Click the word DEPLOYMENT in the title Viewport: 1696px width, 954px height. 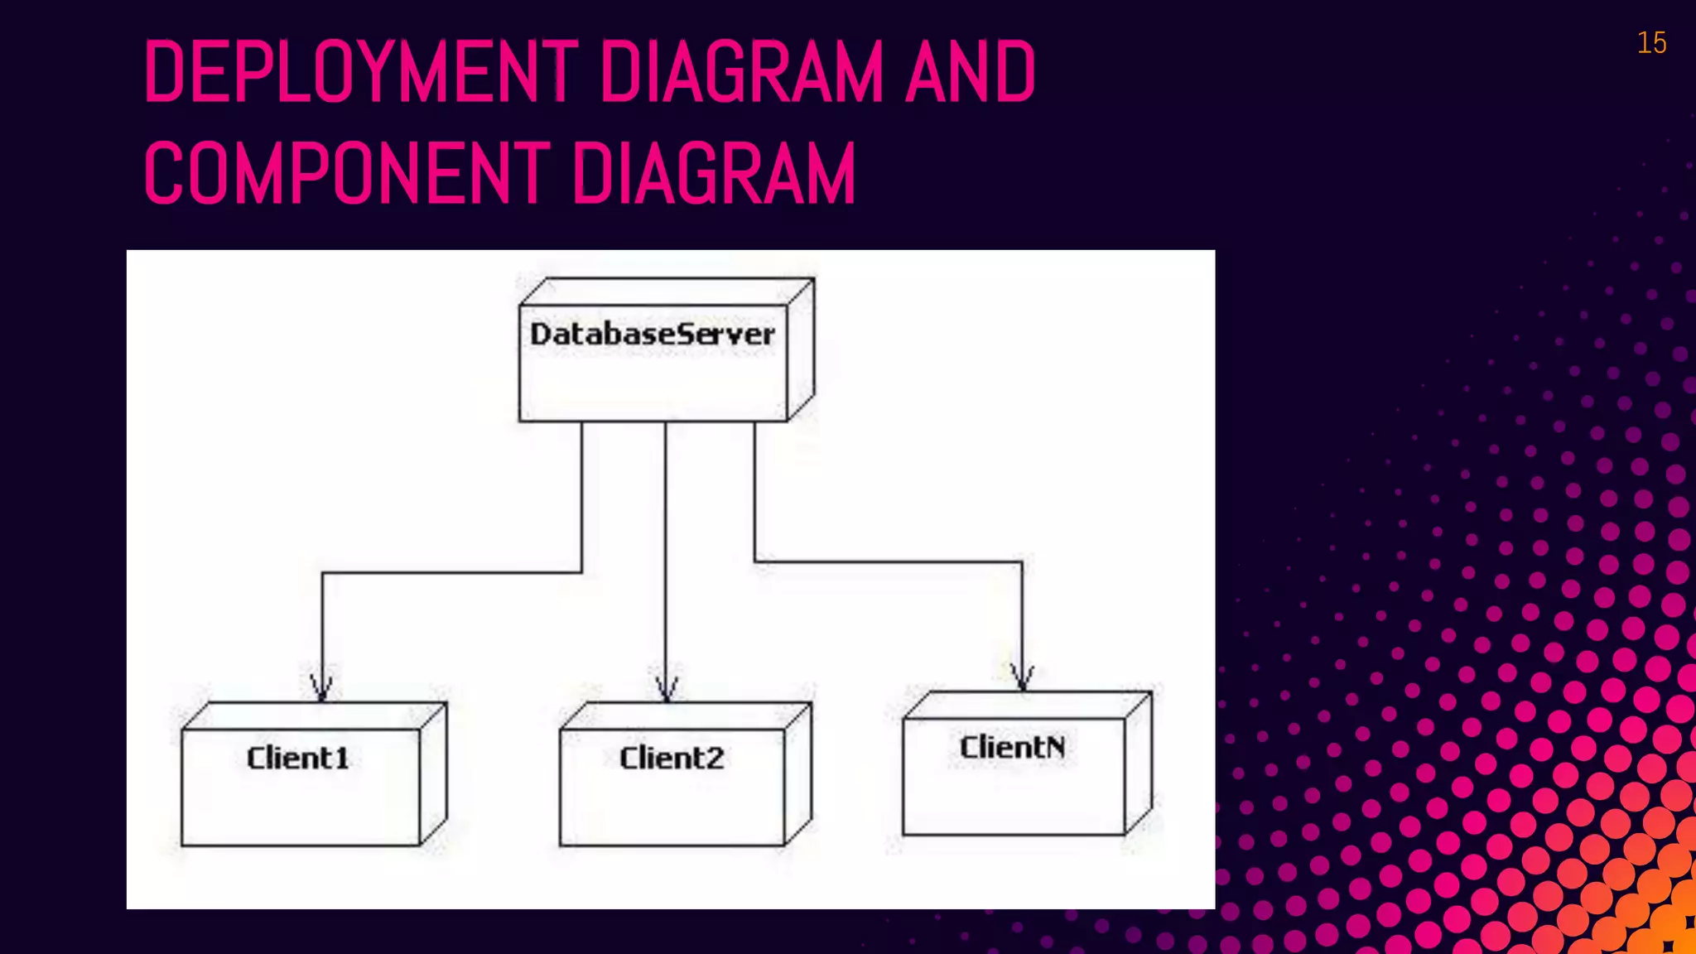(x=361, y=73)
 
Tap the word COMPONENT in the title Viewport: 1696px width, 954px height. (x=346, y=173)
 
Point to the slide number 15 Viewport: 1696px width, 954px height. (x=1651, y=43)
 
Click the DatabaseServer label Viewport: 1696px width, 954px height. (x=653, y=335)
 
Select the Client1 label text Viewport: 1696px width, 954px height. (x=298, y=759)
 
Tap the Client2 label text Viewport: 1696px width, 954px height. (x=672, y=759)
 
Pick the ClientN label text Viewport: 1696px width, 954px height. (x=1012, y=748)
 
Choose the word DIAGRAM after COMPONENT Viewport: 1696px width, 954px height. (x=714, y=173)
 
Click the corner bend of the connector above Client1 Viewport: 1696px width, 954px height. (x=322, y=572)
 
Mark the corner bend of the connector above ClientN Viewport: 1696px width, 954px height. (x=1022, y=562)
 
